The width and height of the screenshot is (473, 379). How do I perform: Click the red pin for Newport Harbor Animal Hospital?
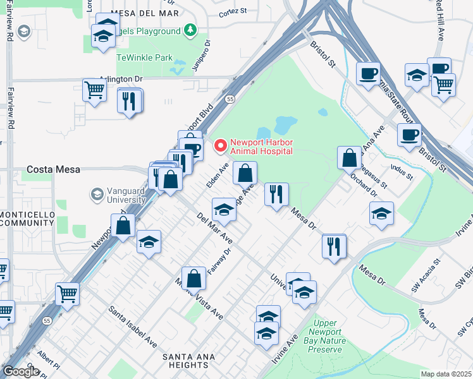point(219,146)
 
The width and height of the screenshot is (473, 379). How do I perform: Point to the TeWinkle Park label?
point(145,57)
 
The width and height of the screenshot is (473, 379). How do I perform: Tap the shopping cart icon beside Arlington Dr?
point(94,90)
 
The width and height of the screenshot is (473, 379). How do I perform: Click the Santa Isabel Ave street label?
point(133,327)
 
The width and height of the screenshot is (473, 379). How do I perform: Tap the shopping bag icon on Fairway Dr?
point(195,277)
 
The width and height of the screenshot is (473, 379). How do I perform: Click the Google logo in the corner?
point(20,371)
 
